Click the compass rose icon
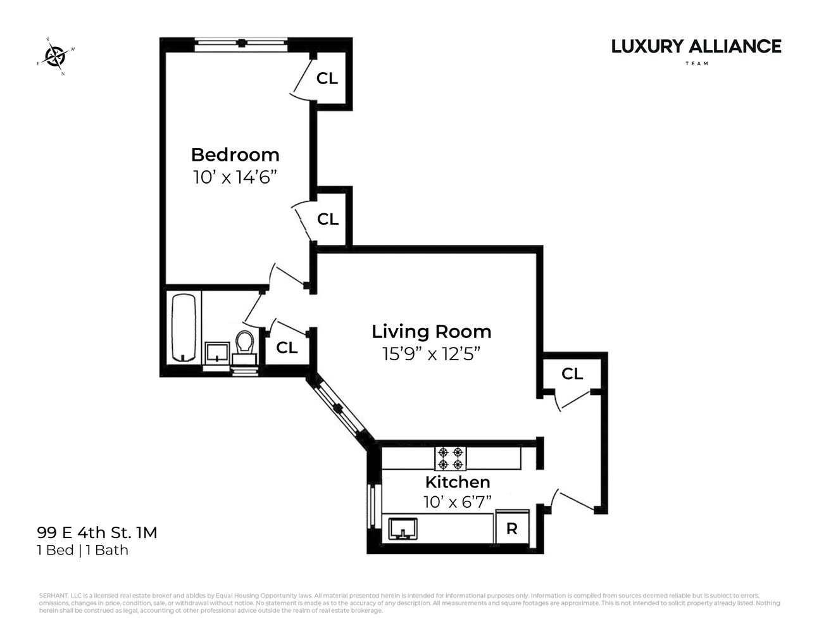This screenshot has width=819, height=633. (x=56, y=57)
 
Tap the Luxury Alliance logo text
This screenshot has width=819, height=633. (x=696, y=47)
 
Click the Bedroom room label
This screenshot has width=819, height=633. (x=235, y=155)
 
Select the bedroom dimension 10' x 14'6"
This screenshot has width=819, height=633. (x=235, y=177)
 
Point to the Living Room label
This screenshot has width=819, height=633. (x=431, y=332)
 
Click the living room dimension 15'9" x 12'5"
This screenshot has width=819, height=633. (x=431, y=354)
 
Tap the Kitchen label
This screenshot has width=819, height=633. (x=457, y=482)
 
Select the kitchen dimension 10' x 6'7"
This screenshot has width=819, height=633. (x=457, y=503)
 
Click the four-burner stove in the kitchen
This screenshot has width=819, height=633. (x=451, y=458)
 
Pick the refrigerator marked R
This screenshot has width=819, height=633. (x=511, y=529)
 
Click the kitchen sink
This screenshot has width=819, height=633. (x=403, y=528)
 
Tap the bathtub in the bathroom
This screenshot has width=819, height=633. (x=184, y=328)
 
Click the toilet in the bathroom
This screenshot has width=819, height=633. (x=244, y=344)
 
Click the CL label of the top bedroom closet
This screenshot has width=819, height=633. (x=327, y=78)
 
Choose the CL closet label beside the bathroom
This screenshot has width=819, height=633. (x=287, y=348)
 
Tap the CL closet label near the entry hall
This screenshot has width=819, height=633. (x=572, y=374)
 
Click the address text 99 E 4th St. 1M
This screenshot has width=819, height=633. (x=97, y=532)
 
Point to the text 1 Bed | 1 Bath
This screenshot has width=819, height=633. (x=83, y=550)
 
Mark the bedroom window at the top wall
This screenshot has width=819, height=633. (x=241, y=44)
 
